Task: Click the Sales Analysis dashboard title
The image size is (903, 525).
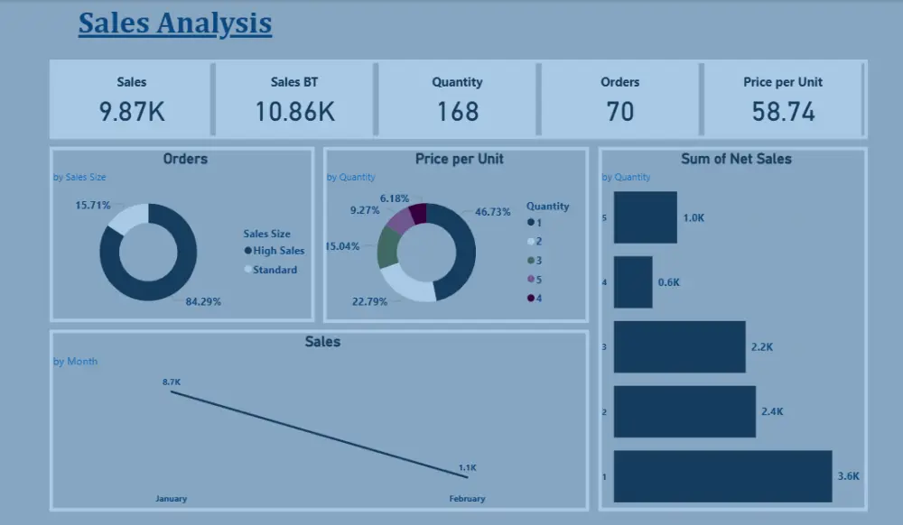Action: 175,23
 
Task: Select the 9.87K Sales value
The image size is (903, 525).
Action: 132,112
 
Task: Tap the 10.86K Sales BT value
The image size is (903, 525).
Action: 294,112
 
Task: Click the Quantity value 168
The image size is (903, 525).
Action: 457,112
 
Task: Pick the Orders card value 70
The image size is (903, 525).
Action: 619,112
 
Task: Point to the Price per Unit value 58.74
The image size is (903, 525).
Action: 783,112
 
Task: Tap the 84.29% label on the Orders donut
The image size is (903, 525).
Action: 203,302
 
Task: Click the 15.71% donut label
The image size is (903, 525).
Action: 92,206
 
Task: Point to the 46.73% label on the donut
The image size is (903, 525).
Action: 493,212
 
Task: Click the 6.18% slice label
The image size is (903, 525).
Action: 395,198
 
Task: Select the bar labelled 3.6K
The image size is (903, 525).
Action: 722,476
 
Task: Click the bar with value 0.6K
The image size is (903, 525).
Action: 633,282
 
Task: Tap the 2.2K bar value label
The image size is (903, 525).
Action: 761,347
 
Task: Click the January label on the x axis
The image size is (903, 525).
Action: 171,499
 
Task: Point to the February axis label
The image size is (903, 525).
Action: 467,499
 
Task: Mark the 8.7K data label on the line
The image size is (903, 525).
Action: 172,382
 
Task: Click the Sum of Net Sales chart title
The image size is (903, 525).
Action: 736,159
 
